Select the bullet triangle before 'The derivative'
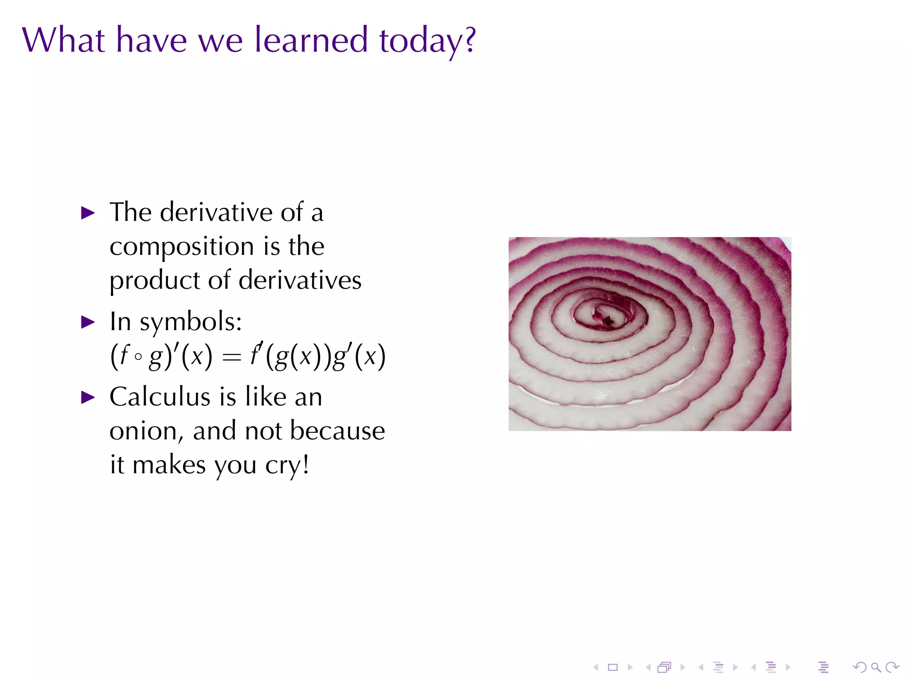click(88, 213)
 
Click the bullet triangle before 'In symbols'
click(88, 322)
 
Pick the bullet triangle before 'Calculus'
click(88, 397)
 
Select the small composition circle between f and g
click(138, 356)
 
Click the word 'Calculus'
click(160, 396)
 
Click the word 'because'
click(337, 431)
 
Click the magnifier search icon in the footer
click(876, 667)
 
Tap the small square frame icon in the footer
click(613, 667)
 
